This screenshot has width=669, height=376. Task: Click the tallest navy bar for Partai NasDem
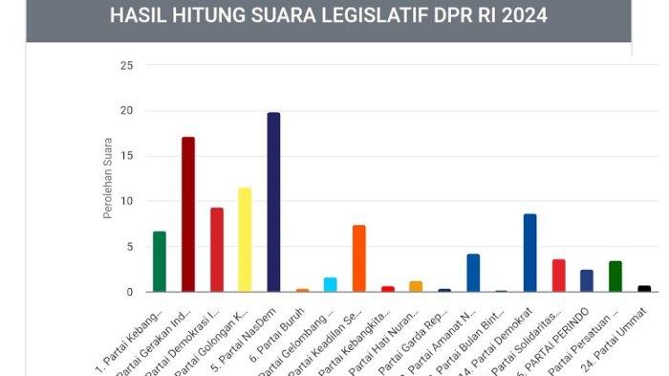click(x=273, y=202)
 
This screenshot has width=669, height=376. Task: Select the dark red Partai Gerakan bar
click(x=188, y=214)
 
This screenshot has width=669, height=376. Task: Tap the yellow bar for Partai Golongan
click(x=245, y=239)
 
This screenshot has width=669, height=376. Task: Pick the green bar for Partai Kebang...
click(x=160, y=261)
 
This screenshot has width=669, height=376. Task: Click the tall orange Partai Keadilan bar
click(x=359, y=258)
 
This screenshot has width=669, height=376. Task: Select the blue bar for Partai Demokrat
click(x=529, y=253)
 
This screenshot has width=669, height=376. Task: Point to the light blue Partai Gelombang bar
click(x=331, y=284)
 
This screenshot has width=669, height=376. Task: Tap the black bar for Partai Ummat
click(x=644, y=288)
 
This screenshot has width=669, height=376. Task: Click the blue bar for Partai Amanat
click(x=473, y=273)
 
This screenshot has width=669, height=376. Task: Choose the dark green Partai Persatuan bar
click(x=615, y=276)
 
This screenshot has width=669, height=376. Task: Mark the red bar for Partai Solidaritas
click(x=558, y=276)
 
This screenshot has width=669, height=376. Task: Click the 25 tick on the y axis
click(x=126, y=65)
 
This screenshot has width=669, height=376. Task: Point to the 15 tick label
click(x=126, y=156)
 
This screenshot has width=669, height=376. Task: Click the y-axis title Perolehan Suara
click(x=108, y=179)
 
